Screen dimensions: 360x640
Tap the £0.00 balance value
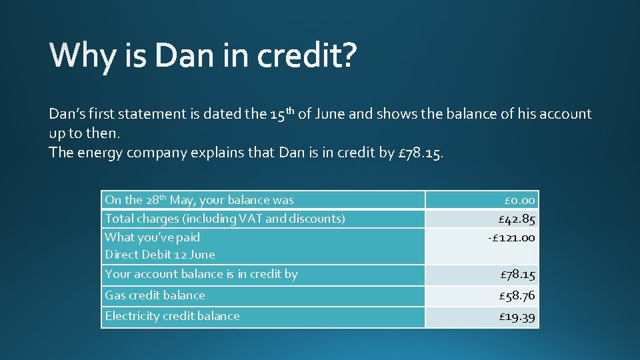coord(519,200)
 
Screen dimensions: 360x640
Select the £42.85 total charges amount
coord(517,219)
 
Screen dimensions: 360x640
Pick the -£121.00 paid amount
coord(511,237)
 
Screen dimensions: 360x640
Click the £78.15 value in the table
coord(517,274)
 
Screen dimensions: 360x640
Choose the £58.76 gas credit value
coord(517,295)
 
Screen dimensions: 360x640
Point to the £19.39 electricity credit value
coord(517,317)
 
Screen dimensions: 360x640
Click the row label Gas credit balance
coord(155,295)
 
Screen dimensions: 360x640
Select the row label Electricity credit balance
coord(172,316)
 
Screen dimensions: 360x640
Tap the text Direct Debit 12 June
coord(160,255)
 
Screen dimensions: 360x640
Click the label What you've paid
coord(153,237)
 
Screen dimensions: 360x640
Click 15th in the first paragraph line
coord(283,114)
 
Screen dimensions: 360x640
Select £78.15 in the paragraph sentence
coord(420,153)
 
